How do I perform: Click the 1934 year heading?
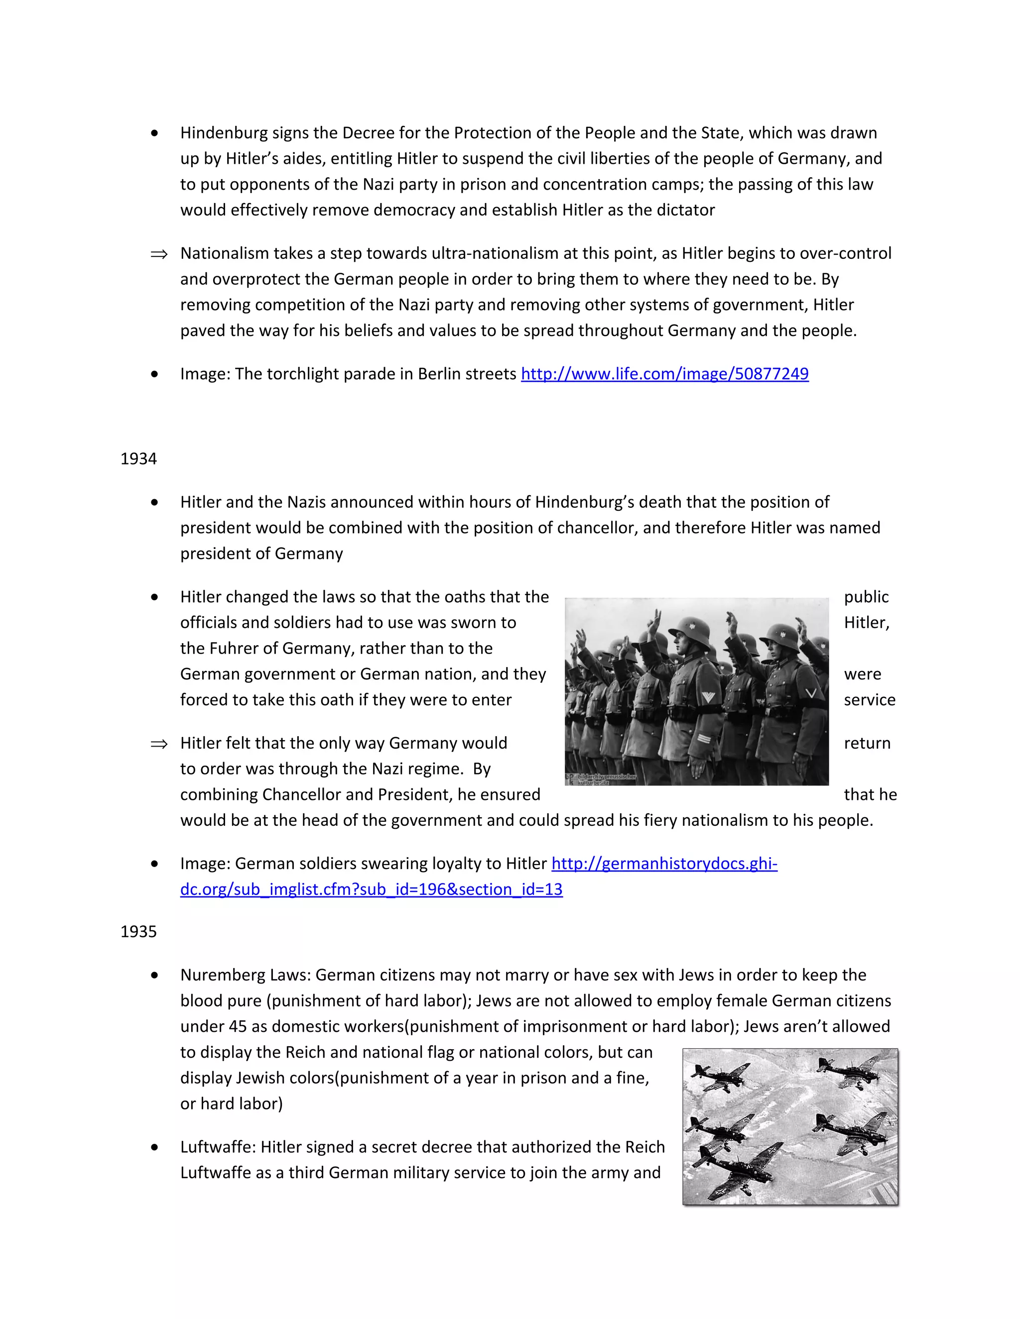click(138, 459)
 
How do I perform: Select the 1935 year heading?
click(138, 931)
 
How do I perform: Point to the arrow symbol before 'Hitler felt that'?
click(159, 744)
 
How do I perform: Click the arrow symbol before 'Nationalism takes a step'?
click(159, 254)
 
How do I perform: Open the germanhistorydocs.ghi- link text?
click(664, 864)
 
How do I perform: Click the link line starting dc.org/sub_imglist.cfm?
click(371, 889)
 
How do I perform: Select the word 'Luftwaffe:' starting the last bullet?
click(218, 1147)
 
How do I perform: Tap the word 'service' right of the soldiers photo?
click(869, 700)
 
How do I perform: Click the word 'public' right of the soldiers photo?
click(866, 597)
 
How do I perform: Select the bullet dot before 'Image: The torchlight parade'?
click(155, 374)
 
